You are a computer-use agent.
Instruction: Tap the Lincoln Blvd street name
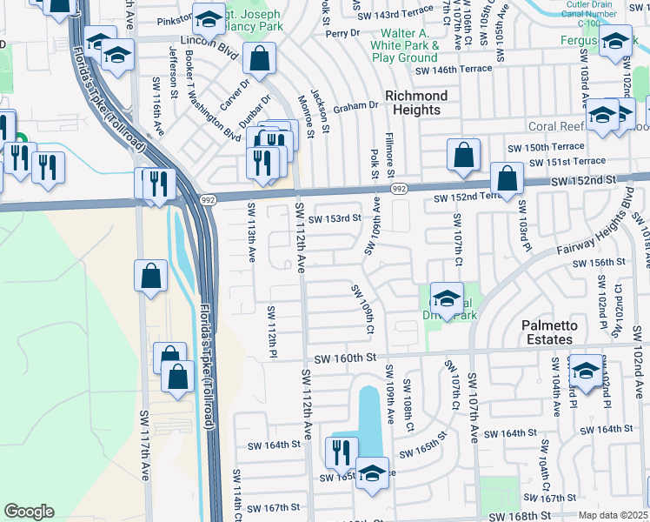coord(208,40)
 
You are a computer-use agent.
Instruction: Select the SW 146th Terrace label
coord(453,70)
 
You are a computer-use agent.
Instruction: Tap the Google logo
coord(29,512)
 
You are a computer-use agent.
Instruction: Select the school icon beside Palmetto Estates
coord(586,371)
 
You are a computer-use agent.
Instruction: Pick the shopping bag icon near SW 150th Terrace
coord(464,154)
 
